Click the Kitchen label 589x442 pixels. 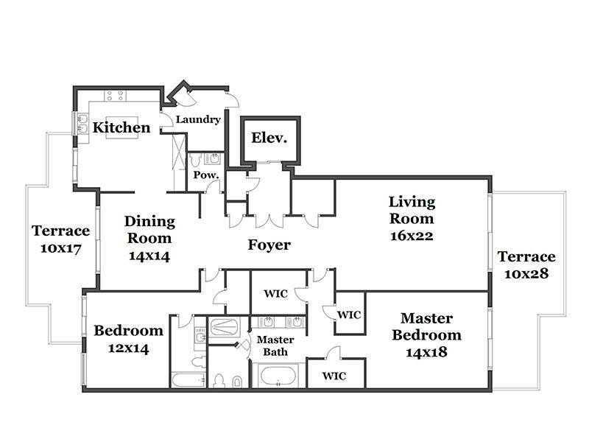tap(121, 127)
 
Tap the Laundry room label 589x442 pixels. tap(198, 119)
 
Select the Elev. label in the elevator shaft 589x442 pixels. tap(269, 138)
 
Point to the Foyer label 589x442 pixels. tap(269, 245)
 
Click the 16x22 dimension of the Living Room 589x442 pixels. tap(412, 236)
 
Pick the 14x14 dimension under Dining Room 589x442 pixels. tap(149, 256)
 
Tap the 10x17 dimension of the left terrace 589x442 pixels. tap(61, 248)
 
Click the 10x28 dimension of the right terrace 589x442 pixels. tap(526, 273)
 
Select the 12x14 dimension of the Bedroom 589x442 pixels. tap(128, 348)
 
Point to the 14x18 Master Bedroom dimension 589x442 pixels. tap(426, 352)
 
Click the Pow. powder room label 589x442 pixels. tap(206, 175)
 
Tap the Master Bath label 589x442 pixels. tap(275, 345)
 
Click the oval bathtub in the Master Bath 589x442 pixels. tap(278, 376)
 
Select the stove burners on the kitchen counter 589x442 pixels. tap(115, 96)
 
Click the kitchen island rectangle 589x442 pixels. tap(122, 127)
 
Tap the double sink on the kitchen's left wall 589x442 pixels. tap(82, 124)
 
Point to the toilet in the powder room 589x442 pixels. tap(196, 161)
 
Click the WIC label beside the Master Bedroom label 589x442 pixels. tap(349, 315)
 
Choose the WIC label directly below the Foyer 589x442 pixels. tap(275, 293)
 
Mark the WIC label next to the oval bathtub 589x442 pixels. tap(334, 376)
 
